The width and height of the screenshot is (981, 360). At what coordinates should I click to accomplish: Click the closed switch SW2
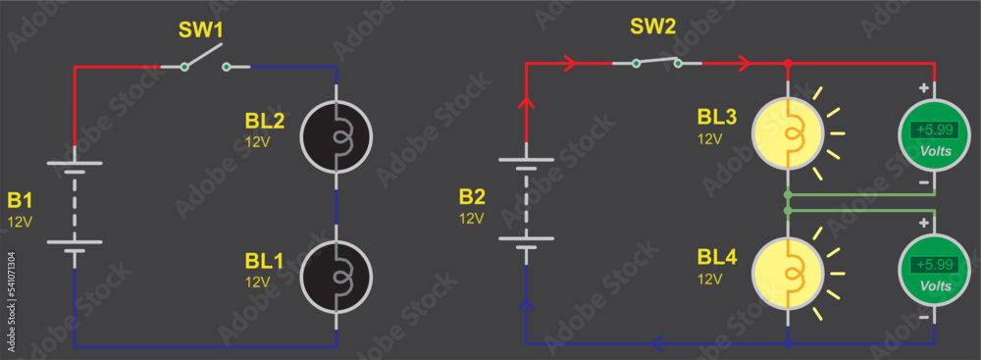[656, 64]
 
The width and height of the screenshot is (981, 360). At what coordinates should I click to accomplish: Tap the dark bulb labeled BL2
[336, 136]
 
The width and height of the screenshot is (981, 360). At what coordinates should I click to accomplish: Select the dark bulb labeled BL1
[336, 276]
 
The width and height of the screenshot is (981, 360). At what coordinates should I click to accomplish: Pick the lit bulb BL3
[786, 131]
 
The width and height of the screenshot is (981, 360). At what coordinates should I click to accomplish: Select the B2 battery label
[472, 195]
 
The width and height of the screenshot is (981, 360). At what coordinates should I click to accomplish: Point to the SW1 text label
[200, 29]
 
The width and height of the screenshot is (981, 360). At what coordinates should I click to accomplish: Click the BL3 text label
[716, 117]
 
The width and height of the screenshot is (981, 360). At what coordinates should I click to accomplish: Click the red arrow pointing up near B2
[527, 101]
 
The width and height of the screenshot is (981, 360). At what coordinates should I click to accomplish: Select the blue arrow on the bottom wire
[658, 343]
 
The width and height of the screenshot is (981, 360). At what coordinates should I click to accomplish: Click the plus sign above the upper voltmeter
[922, 88]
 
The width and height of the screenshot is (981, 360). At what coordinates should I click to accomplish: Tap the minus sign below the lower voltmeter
[922, 319]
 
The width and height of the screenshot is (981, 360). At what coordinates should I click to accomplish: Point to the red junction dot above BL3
[787, 65]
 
